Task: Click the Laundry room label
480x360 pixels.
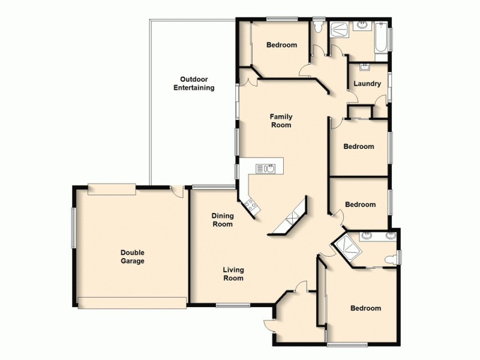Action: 367,83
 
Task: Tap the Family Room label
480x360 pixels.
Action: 280,121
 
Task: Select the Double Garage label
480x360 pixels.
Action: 132,257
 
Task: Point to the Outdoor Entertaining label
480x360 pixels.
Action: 194,83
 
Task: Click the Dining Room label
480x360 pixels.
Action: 223,220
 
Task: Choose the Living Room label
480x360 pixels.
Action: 233,274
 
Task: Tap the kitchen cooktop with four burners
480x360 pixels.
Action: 251,206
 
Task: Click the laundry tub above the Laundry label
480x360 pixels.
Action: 364,67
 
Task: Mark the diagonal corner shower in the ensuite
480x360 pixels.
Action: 347,248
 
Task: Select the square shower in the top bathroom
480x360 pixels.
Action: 340,29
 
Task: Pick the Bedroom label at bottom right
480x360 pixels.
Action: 365,308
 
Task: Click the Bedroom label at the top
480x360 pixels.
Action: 281,45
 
